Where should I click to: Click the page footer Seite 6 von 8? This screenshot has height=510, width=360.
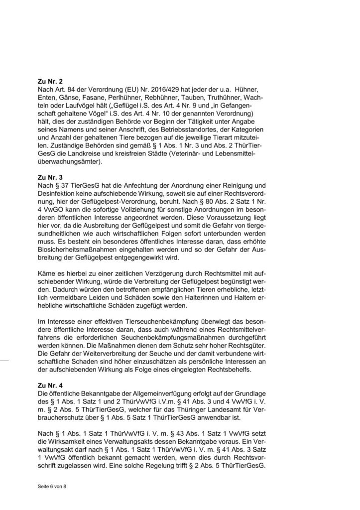[52, 485]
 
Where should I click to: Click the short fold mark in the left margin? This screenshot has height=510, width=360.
[8, 357]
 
